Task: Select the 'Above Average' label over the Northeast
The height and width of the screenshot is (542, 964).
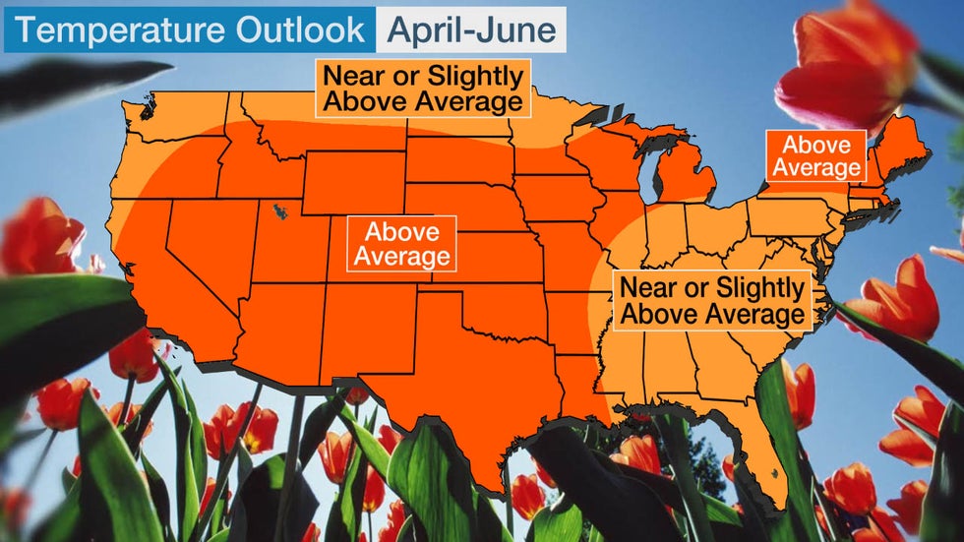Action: click(x=816, y=156)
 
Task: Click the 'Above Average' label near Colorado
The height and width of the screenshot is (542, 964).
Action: click(x=401, y=243)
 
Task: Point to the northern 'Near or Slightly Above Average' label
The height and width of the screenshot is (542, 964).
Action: click(x=422, y=89)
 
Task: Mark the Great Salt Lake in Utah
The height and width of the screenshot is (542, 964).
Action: click(x=282, y=211)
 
